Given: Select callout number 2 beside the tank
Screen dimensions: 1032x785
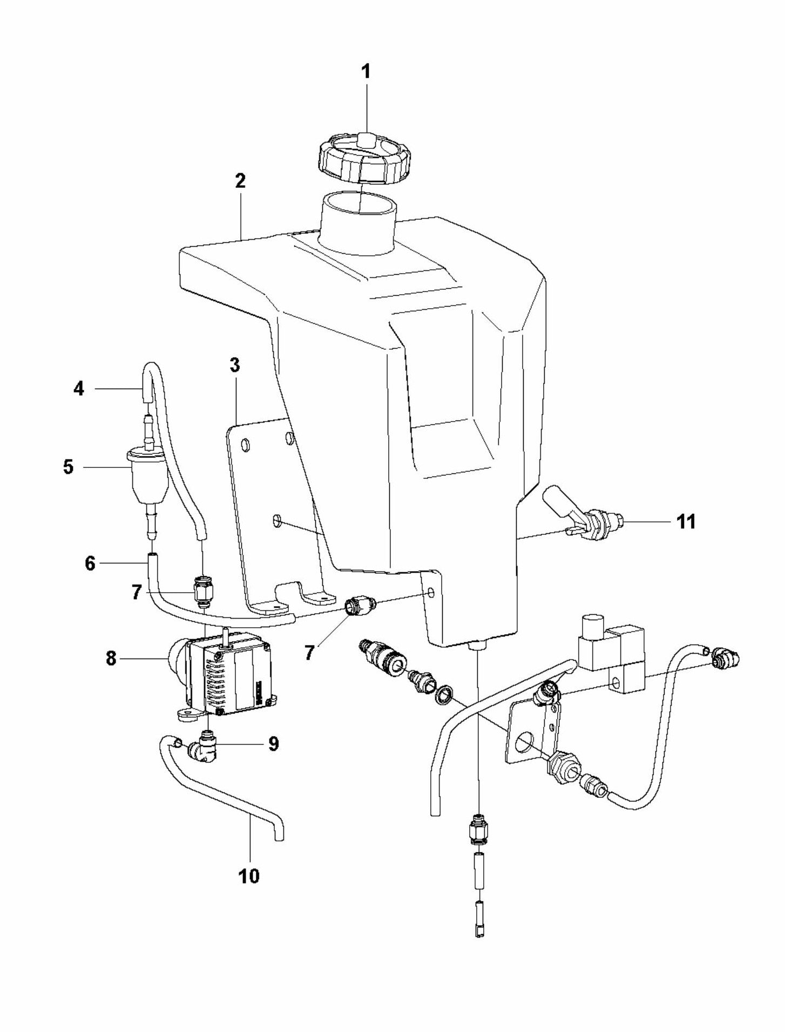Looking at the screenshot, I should pos(240,181).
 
